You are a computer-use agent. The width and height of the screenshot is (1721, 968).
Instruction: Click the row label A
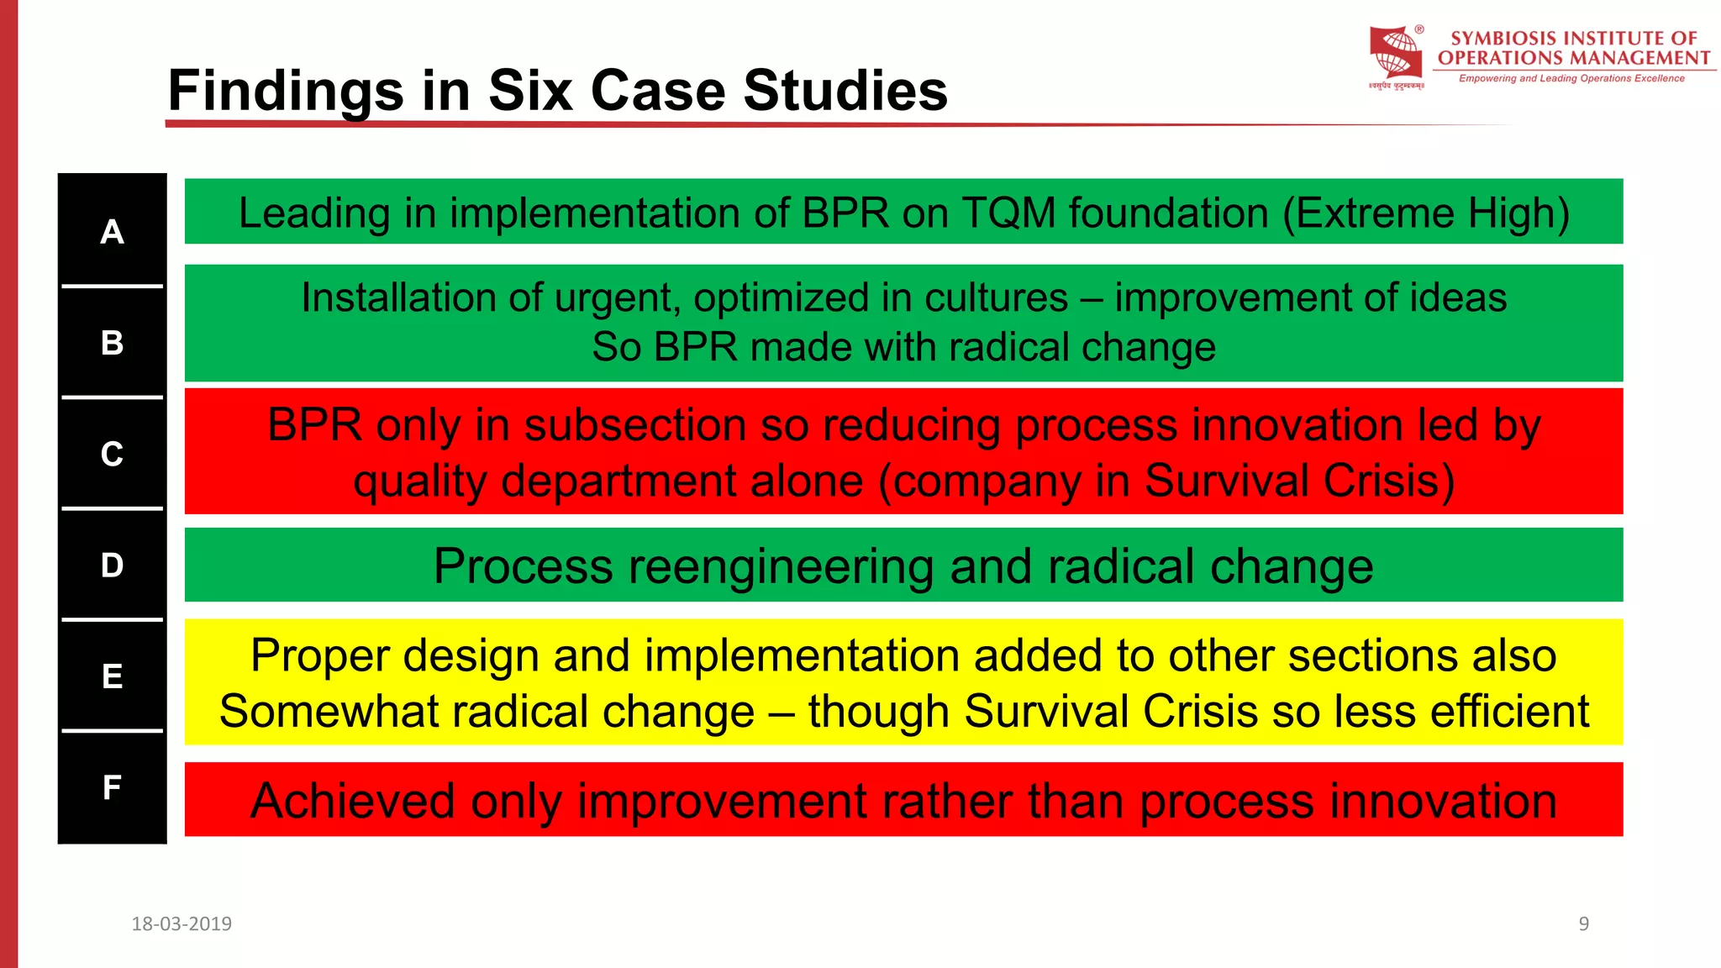[x=112, y=232]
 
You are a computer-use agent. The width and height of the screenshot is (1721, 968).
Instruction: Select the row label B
[x=112, y=343]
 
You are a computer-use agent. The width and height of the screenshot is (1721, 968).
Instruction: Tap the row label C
[x=112, y=455]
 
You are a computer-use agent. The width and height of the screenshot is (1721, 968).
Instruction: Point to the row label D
[x=112, y=566]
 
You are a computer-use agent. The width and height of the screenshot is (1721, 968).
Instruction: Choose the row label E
[x=112, y=676]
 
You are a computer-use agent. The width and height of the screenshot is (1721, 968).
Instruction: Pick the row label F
[x=112, y=787]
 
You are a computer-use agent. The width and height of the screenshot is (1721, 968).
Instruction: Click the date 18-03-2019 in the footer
[x=182, y=924]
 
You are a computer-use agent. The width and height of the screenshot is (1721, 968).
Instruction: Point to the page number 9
[x=1583, y=924]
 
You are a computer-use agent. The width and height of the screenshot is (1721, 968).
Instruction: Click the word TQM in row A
[x=1008, y=213]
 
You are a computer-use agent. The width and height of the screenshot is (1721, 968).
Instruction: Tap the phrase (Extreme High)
[x=1426, y=213]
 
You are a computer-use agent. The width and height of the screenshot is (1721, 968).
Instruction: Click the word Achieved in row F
[x=353, y=801]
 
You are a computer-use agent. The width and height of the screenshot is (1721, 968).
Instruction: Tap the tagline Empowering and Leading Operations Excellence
[x=1571, y=79]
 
